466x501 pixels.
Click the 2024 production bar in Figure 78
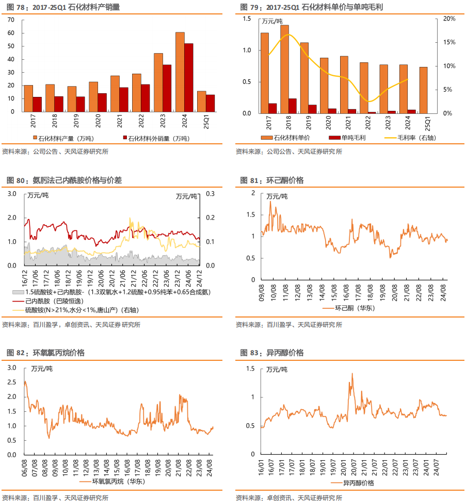[180, 72]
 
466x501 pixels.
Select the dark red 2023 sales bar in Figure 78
[167, 88]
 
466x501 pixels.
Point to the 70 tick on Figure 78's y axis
[11, 20]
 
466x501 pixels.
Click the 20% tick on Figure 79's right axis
[449, 19]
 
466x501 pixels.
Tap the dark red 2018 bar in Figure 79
[293, 106]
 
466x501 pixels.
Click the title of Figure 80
[65, 180]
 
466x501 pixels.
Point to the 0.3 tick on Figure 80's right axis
[210, 194]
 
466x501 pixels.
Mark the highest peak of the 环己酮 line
[270, 202]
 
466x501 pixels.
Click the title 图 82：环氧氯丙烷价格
[45, 353]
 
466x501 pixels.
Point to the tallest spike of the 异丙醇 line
[352, 374]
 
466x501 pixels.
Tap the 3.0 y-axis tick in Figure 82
[12, 368]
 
